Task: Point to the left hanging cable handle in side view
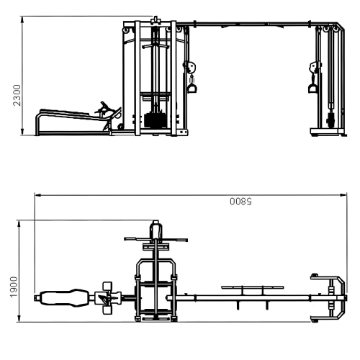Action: click(x=192, y=88)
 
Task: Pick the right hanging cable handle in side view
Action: click(x=313, y=88)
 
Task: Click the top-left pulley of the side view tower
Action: click(x=128, y=30)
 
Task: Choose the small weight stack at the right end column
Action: click(x=330, y=117)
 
